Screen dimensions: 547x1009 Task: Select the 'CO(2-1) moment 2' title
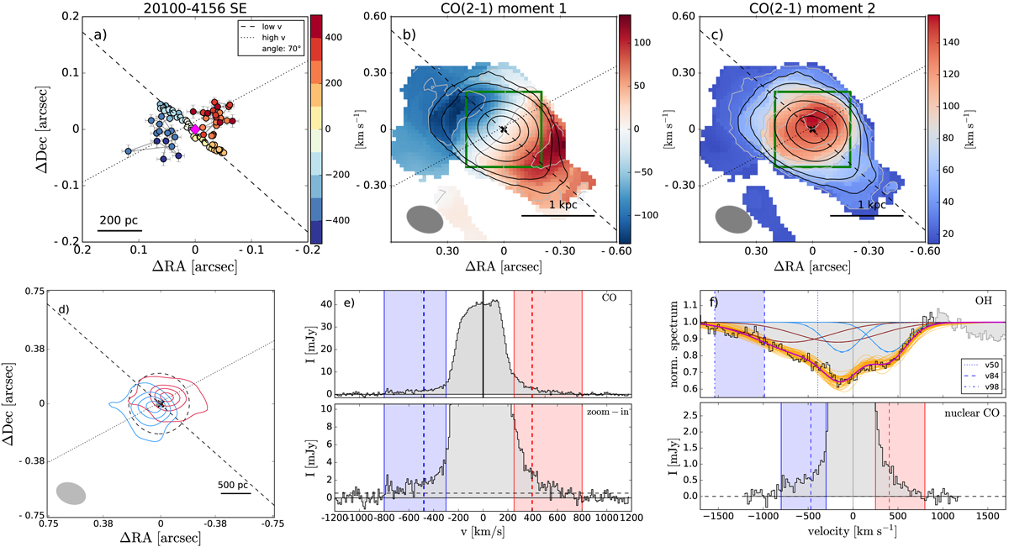(x=812, y=8)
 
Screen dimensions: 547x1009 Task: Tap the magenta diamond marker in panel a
(x=195, y=129)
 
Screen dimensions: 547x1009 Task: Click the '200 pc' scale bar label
(x=119, y=221)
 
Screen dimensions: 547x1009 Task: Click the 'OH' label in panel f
(x=989, y=302)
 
